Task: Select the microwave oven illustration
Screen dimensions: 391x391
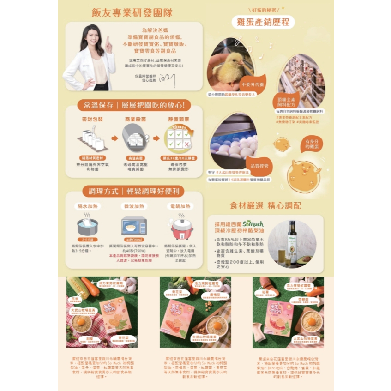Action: pyautogui.click(x=134, y=226)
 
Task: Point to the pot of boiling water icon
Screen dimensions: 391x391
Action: pyautogui.click(x=87, y=227)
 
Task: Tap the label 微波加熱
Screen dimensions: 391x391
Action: pyautogui.click(x=134, y=206)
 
